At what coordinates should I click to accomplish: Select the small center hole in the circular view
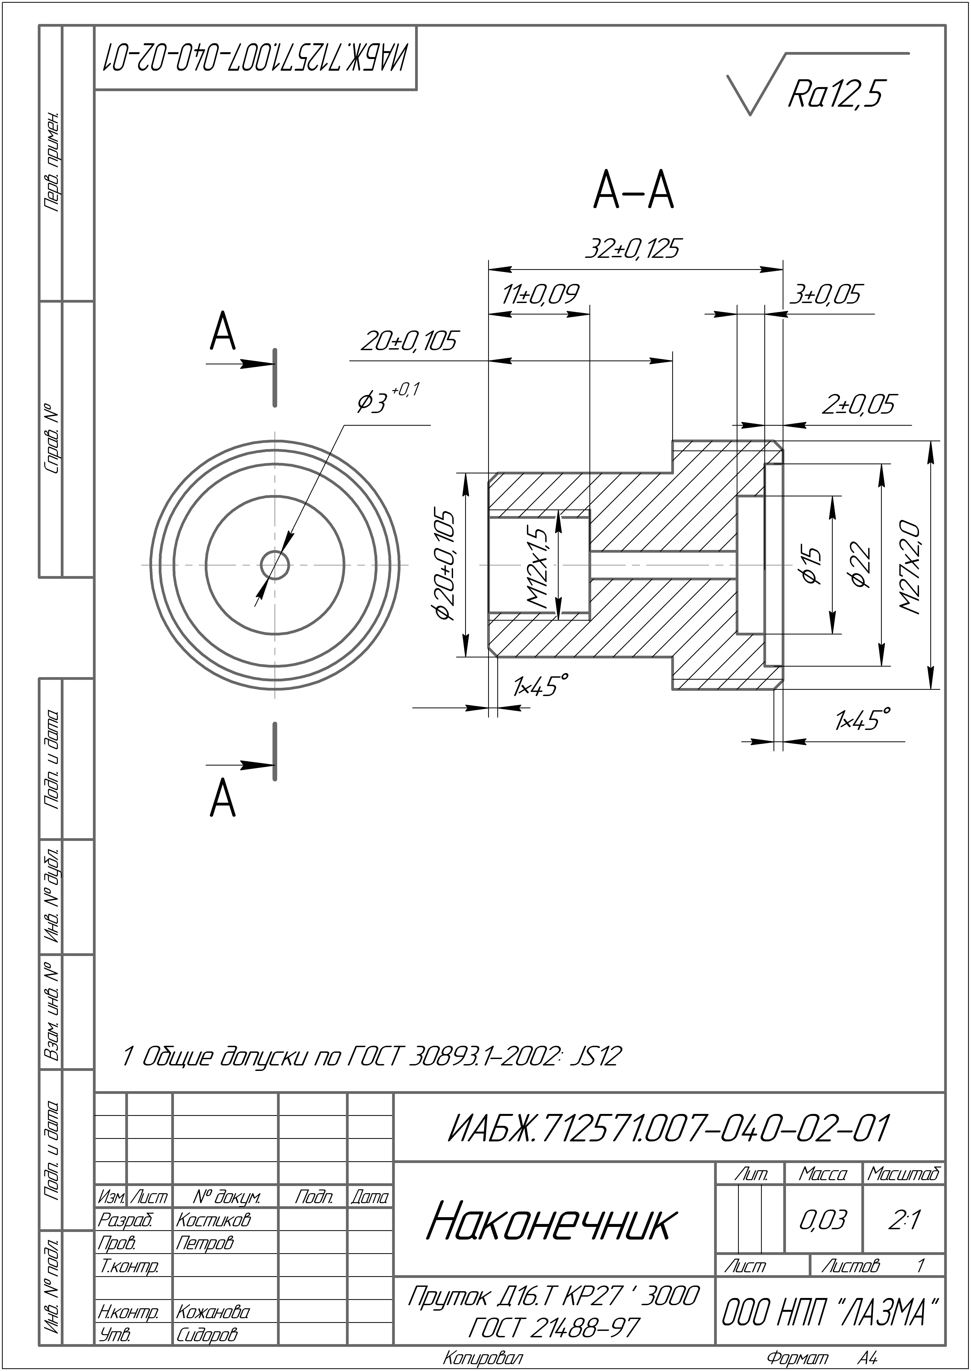(x=275, y=565)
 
